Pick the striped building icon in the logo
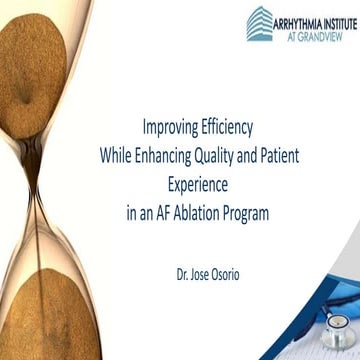click(x=258, y=22)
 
